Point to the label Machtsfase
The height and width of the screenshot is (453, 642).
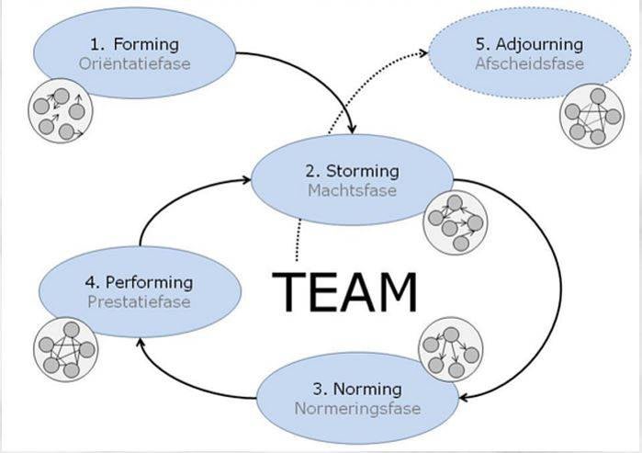[x=353, y=190]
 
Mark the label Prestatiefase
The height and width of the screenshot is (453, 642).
[x=138, y=301]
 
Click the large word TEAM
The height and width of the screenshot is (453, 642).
[x=346, y=290]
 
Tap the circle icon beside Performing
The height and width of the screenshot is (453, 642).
[x=65, y=349]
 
